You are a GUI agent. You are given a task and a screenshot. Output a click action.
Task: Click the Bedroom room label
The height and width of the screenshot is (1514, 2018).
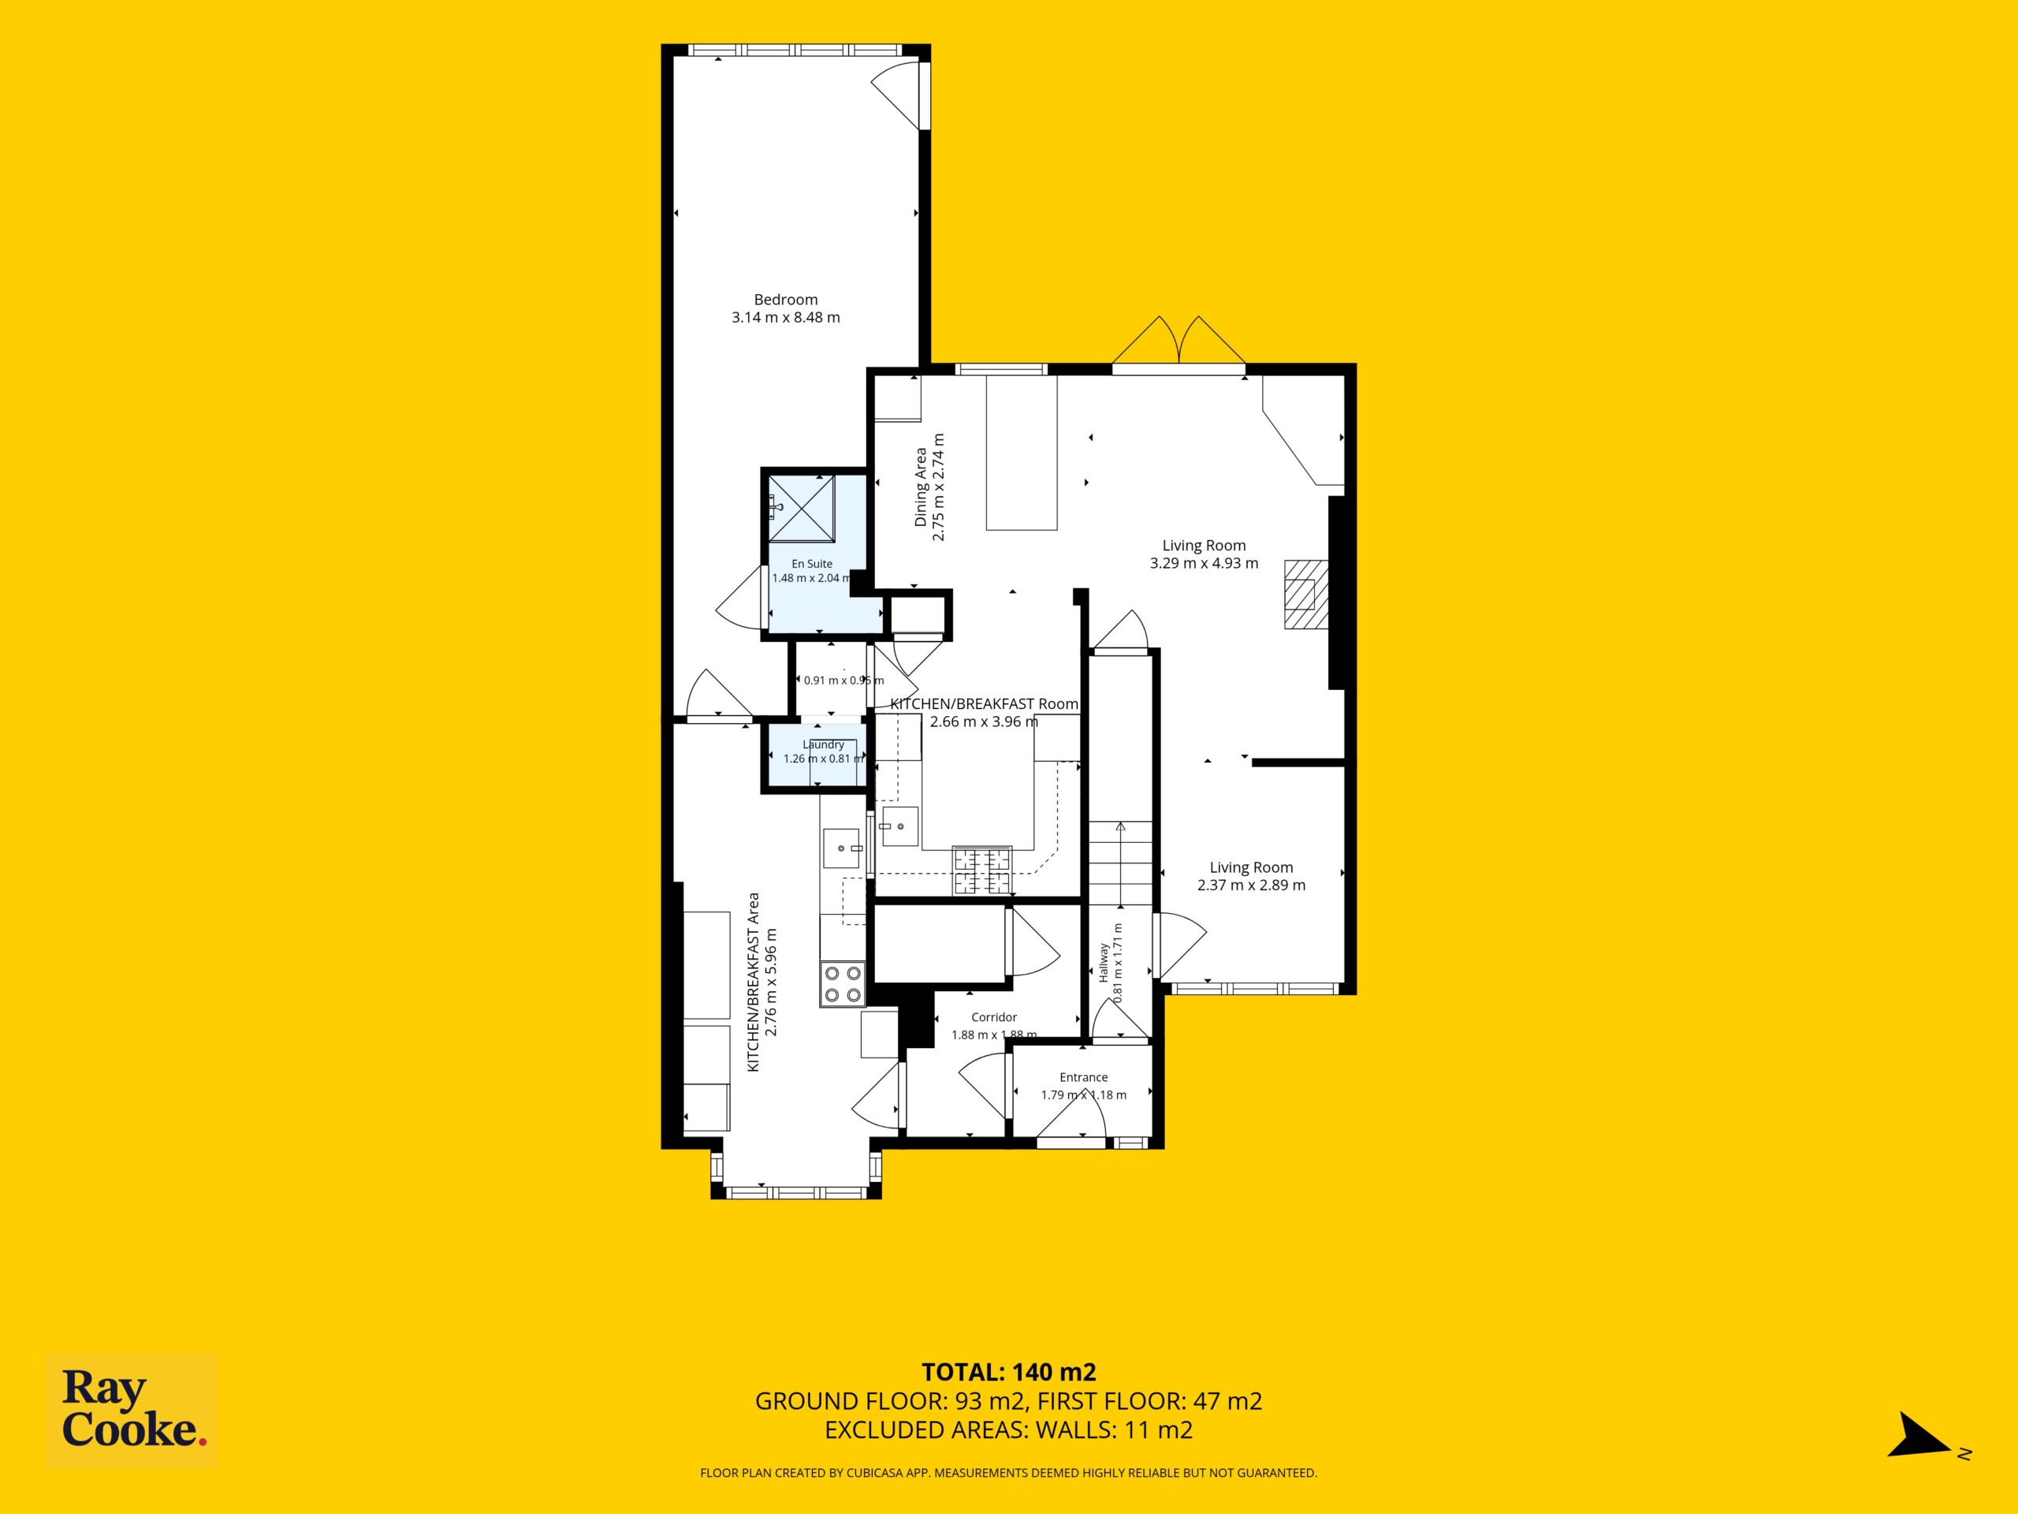coord(785,300)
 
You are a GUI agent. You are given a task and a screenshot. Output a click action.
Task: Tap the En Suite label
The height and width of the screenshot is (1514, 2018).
coord(812,564)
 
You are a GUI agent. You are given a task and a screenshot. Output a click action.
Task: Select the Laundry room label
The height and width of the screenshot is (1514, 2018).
coord(823,744)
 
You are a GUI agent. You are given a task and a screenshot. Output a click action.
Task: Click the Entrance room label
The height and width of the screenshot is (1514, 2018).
coord(1084,1077)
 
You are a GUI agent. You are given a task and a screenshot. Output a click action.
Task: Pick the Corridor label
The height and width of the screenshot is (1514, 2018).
coord(993,1016)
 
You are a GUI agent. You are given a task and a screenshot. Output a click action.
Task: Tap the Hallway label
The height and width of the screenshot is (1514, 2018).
coord(1103,963)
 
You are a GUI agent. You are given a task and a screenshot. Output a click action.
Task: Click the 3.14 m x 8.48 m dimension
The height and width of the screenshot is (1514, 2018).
coord(785,318)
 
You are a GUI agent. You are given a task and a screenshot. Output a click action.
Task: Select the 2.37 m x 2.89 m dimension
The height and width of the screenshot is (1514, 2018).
coord(1251,886)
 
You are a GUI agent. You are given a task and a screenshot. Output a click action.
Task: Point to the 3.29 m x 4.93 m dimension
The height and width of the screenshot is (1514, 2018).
coord(1204,564)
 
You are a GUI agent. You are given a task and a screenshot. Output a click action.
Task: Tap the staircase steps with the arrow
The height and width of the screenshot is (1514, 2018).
coord(1120,863)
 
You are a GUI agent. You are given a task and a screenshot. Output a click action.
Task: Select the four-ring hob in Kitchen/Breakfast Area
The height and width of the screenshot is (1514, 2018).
coord(842,985)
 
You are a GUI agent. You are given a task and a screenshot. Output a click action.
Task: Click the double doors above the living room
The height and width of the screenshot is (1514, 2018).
coord(1179,345)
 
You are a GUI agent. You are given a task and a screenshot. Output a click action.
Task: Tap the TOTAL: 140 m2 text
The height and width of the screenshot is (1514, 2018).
coord(1008,1397)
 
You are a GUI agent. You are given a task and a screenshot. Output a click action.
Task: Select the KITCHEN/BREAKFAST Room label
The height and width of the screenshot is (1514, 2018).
coord(985,704)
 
